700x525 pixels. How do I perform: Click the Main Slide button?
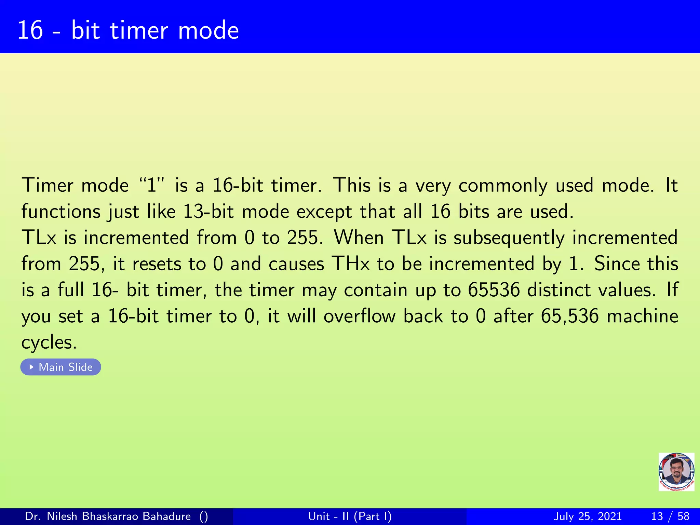(x=61, y=367)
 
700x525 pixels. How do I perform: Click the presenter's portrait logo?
(x=676, y=472)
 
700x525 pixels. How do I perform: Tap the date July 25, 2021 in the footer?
(x=587, y=516)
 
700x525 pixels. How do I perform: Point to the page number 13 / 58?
(x=670, y=516)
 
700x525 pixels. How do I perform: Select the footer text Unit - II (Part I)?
(x=350, y=516)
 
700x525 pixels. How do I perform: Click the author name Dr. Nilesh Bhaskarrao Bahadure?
(x=108, y=516)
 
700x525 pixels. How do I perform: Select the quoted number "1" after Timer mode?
(x=152, y=185)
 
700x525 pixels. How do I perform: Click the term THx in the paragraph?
(x=351, y=264)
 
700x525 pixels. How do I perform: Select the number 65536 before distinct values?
(x=494, y=290)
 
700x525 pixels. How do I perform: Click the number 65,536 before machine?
(x=569, y=316)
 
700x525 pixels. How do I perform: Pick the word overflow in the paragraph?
(x=360, y=316)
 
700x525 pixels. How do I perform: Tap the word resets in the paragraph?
(x=157, y=264)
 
